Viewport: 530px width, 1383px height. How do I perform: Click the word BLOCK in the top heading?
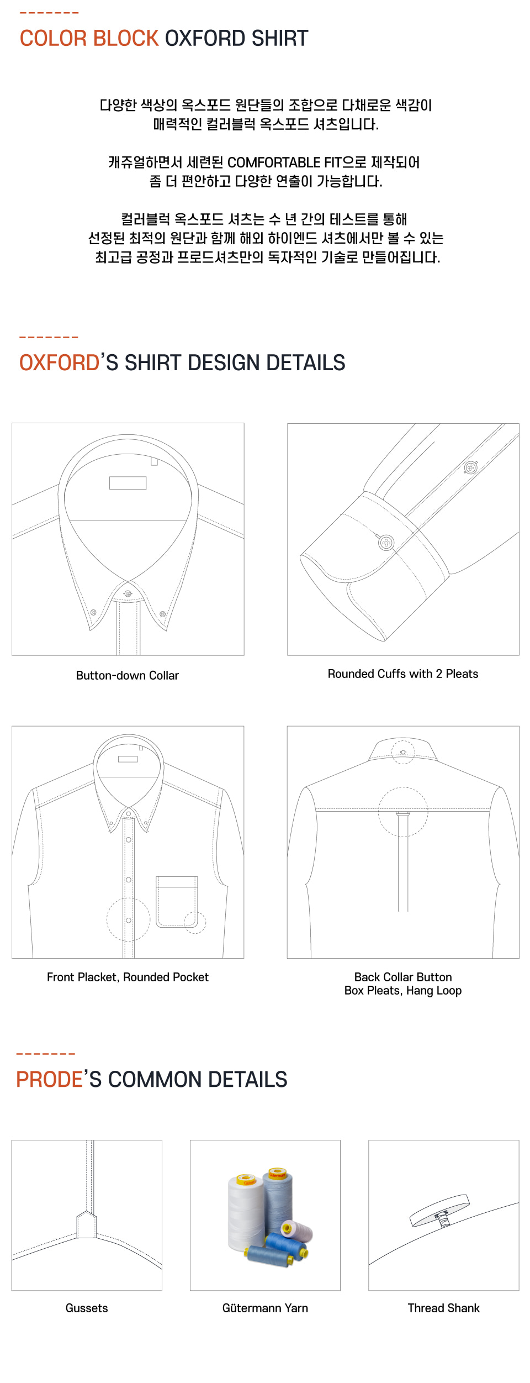125,38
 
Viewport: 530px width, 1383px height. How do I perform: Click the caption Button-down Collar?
128,675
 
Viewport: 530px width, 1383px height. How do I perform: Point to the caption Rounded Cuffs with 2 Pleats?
403,674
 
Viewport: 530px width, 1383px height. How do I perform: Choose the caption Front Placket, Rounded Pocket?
128,977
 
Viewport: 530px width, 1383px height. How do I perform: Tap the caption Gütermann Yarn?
265,1308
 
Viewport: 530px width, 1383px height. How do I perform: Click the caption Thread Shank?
444,1308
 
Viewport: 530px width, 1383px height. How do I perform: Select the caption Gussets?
87,1308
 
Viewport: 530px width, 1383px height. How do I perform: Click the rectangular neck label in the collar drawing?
128,483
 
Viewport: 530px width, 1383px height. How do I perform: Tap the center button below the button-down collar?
128,593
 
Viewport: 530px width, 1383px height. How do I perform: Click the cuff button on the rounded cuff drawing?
386,543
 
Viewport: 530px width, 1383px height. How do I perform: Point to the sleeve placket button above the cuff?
470,467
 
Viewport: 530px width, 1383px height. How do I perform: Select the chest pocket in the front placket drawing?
177,901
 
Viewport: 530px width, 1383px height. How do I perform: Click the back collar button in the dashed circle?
403,752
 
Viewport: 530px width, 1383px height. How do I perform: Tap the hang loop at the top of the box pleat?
403,813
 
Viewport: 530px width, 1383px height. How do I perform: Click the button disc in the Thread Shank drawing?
439,1210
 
